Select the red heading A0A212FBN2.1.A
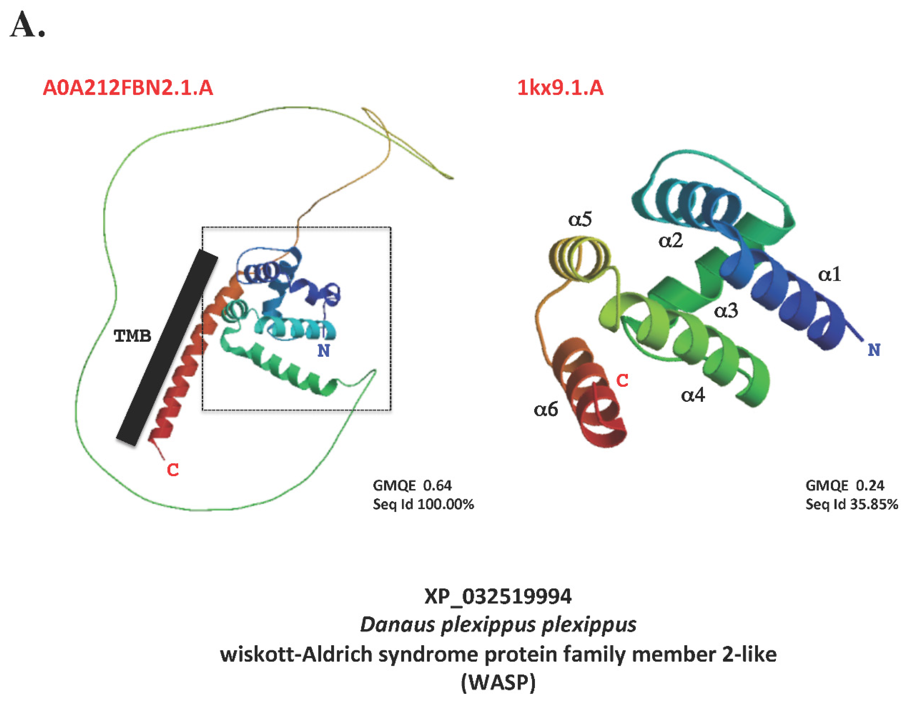128,88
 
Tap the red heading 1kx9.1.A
560,88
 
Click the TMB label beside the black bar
133,336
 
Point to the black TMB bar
167,348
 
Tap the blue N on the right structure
874,350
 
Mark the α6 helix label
545,410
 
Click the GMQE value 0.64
437,485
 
